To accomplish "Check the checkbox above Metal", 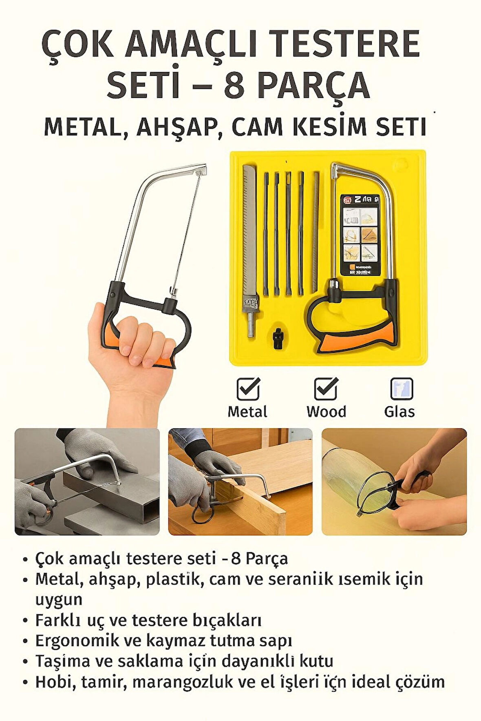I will click(x=248, y=389).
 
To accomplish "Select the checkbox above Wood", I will click(x=326, y=389).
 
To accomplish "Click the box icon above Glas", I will click(x=401, y=389).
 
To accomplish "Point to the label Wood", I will click(x=326, y=411).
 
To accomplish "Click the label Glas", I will click(x=399, y=411).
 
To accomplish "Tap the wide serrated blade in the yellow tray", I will click(x=249, y=236).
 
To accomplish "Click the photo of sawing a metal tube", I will click(x=87, y=481).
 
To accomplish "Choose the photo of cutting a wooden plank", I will click(x=240, y=481).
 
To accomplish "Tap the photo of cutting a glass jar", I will click(x=394, y=481).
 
